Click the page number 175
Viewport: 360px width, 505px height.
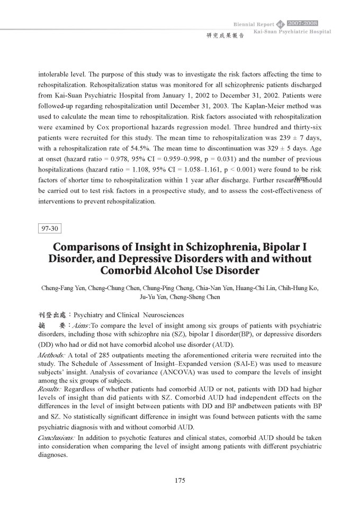click(x=179, y=480)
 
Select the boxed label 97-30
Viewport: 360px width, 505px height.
click(x=51, y=229)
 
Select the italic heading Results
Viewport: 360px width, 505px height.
click(x=49, y=387)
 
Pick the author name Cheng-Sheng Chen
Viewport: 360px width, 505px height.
click(x=195, y=297)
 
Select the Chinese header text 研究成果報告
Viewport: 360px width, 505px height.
click(x=221, y=37)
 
